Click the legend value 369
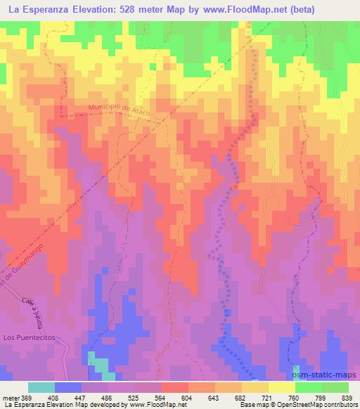(x=27, y=397)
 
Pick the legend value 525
(x=135, y=397)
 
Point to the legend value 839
(x=347, y=397)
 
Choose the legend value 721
(x=268, y=397)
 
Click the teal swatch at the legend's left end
(x=41, y=387)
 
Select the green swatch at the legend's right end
(x=335, y=387)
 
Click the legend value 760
(x=295, y=397)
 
